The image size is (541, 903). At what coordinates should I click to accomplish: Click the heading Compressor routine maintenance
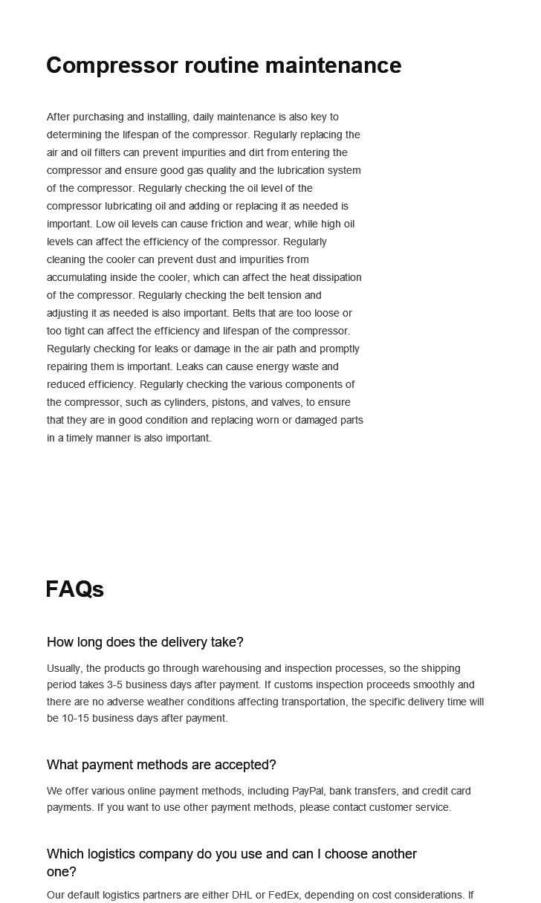click(224, 65)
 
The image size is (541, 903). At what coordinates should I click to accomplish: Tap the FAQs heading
click(74, 589)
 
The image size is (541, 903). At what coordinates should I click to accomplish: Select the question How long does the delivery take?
click(145, 642)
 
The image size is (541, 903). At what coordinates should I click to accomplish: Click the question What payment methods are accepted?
click(161, 765)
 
